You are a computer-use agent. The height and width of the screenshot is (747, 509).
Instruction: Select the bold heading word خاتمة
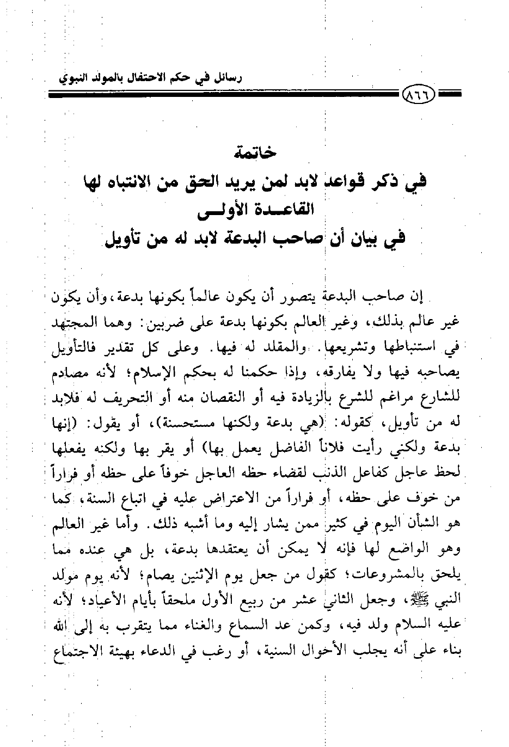[x=256, y=153]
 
